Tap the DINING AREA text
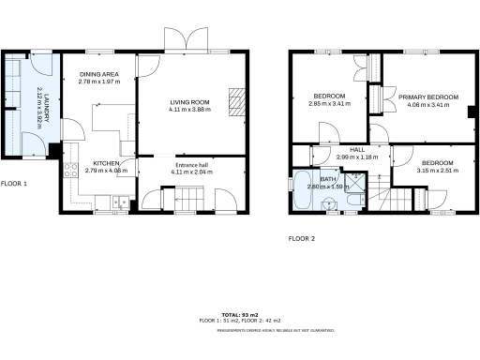point(99,76)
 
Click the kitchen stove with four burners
point(69,174)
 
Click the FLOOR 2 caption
point(301,239)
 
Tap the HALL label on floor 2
point(357,150)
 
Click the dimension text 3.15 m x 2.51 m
point(435,171)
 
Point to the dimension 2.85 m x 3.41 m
point(329,104)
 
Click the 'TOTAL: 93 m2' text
point(239,314)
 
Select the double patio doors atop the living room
point(187,39)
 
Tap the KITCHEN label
point(105,163)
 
